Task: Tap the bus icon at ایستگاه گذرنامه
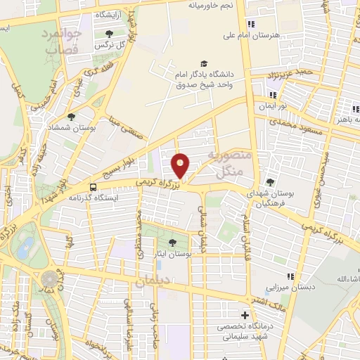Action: tap(93, 187)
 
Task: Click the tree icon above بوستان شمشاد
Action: tap(71, 117)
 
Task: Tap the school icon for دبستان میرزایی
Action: tap(289, 276)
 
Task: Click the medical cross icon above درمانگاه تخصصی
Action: tap(245, 316)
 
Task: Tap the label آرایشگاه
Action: tap(112, 14)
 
